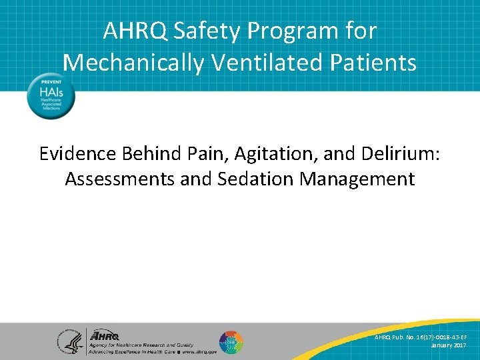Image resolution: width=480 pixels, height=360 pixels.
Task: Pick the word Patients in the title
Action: pos(371,63)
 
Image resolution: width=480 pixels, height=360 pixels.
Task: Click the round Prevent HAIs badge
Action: pos(51,96)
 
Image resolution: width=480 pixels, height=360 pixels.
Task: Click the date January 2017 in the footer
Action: pos(450,345)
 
